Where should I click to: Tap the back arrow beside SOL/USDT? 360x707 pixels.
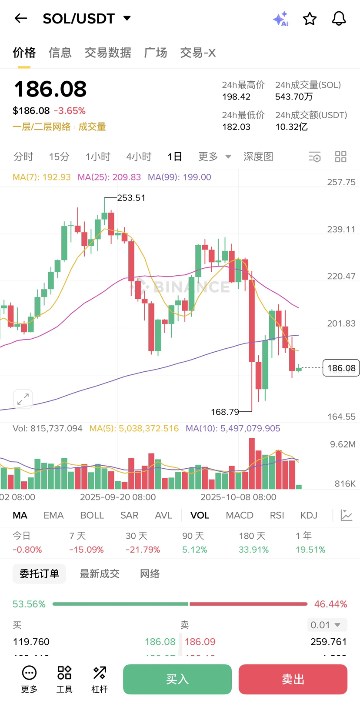click(21, 18)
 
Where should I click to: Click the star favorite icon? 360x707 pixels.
click(310, 19)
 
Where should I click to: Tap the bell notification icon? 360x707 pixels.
click(339, 19)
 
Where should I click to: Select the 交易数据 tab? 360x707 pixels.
click(108, 53)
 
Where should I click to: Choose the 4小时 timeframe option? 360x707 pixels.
click(139, 157)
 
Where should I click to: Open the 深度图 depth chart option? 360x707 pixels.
click(258, 157)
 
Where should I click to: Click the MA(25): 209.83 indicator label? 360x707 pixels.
click(109, 177)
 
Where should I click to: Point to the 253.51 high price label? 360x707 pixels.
click(131, 198)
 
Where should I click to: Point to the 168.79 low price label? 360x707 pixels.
click(225, 412)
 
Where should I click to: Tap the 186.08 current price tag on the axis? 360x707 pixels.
click(341, 368)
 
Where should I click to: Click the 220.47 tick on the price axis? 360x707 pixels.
click(341, 276)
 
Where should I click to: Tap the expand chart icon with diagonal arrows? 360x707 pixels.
click(23, 399)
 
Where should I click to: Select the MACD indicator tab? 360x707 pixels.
click(240, 515)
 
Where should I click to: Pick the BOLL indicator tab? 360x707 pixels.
click(92, 515)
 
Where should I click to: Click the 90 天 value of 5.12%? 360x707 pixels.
click(194, 550)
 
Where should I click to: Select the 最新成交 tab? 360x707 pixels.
click(100, 574)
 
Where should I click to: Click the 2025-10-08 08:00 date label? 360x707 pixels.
click(238, 497)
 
